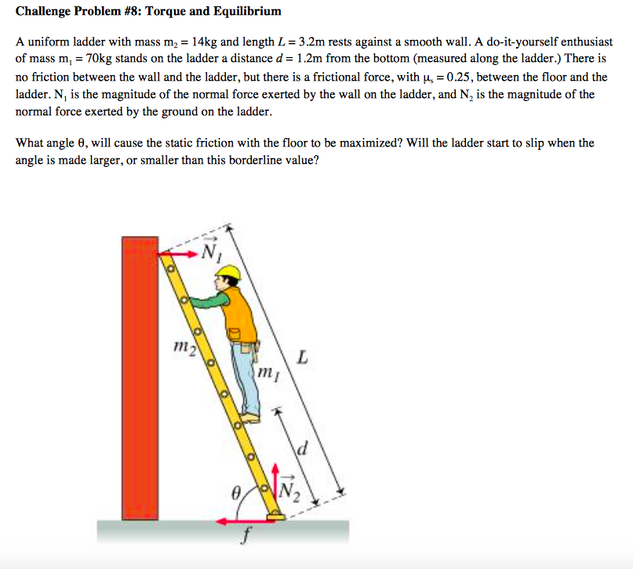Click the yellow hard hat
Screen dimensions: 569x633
click(227, 273)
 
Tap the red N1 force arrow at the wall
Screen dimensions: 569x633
click(174, 253)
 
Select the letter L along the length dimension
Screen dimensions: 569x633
click(302, 358)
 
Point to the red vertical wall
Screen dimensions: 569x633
click(140, 376)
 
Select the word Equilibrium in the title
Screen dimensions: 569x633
click(245, 12)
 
